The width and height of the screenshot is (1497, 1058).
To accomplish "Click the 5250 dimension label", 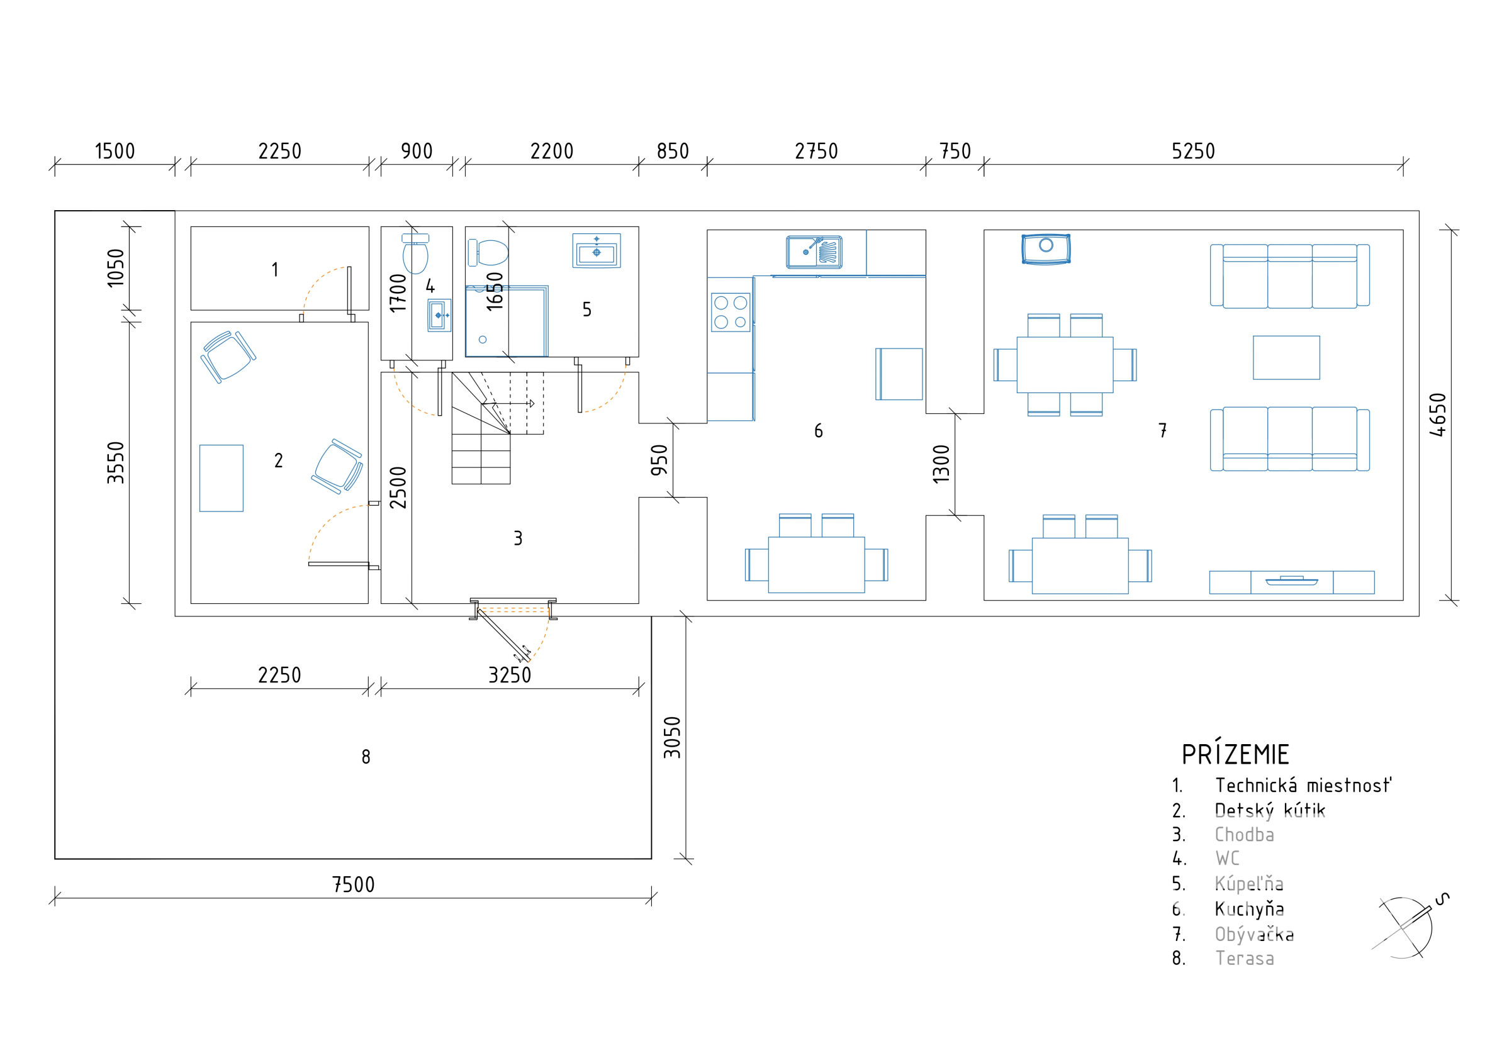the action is coord(1192,151).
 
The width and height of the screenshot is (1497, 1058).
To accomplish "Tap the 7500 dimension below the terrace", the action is coord(354,884).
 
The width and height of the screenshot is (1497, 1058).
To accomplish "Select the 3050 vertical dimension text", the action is coord(672,737).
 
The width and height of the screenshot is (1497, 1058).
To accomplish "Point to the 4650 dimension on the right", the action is coord(1437,415).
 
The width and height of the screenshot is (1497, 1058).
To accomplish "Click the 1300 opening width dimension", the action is coord(941,464).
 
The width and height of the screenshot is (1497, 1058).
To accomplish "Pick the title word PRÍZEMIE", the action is coord(1236,754).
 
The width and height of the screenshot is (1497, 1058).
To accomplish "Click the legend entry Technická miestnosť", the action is coord(1303,785).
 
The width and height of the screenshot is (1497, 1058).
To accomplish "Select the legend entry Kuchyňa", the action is coord(1249,909).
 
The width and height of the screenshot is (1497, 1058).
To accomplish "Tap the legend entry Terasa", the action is coord(1245,958).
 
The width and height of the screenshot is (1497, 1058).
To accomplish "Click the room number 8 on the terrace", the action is coord(366,756).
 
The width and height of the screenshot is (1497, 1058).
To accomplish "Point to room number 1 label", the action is coord(275,269).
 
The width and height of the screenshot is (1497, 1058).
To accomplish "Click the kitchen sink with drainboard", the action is coord(814,252).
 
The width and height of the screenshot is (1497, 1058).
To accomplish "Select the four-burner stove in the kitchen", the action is coord(730,312).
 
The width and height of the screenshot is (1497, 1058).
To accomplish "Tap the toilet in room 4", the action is coord(415,253).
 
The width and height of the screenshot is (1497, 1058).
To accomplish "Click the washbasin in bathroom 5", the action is coord(596,250).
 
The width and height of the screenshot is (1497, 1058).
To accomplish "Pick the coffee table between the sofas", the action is coord(1286,357).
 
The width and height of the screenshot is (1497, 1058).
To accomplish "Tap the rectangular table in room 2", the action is coord(221,478).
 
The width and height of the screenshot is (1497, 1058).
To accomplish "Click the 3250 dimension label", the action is coord(510,675).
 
